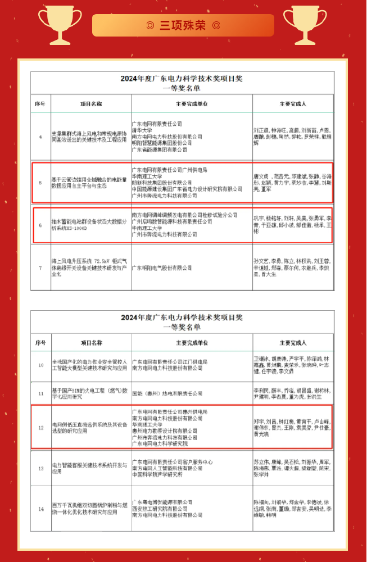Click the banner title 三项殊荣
[x=183, y=26]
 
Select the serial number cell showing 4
[x=40, y=137]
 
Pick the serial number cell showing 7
[x=40, y=268]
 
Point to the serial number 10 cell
[x=40, y=365]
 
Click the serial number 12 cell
[x=40, y=428]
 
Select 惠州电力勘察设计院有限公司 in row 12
[x=163, y=430]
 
